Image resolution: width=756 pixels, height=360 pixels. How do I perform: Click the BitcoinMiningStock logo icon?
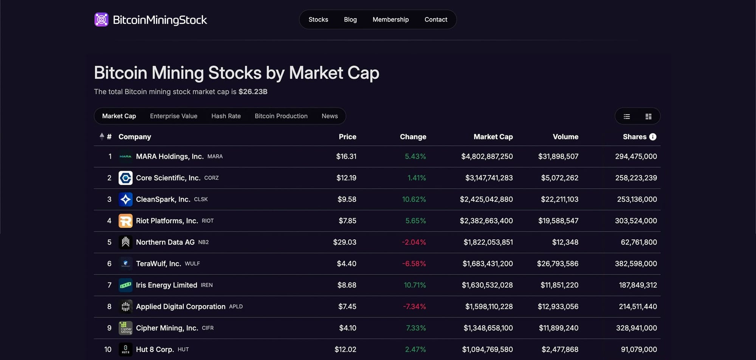tap(101, 20)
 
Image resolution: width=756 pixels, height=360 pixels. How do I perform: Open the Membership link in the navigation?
tap(390, 20)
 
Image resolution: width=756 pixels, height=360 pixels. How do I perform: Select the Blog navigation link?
tap(350, 20)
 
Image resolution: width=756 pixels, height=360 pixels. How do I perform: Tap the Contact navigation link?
tap(435, 20)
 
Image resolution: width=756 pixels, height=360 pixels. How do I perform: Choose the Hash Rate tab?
tap(226, 116)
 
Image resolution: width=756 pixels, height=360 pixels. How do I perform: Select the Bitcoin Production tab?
tap(281, 116)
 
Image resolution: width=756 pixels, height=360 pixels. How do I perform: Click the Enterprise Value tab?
tap(174, 116)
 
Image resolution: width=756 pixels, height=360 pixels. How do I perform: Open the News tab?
tap(330, 116)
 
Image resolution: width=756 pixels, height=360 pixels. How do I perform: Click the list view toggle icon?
tap(627, 116)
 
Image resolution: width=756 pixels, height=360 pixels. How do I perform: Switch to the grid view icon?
tap(648, 116)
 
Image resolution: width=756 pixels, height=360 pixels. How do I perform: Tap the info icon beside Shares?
tap(653, 137)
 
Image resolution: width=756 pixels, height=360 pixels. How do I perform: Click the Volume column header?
tap(565, 137)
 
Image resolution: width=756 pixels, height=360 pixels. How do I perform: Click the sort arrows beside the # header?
tap(102, 137)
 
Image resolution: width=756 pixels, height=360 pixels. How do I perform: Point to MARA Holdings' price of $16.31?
tap(346, 157)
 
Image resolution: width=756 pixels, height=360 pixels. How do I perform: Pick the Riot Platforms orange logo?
tap(125, 221)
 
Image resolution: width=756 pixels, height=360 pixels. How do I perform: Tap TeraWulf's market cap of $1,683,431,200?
tap(487, 264)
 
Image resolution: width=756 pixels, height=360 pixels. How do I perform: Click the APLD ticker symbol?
tap(235, 307)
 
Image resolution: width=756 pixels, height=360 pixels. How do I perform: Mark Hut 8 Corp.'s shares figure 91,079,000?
tap(638, 349)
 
